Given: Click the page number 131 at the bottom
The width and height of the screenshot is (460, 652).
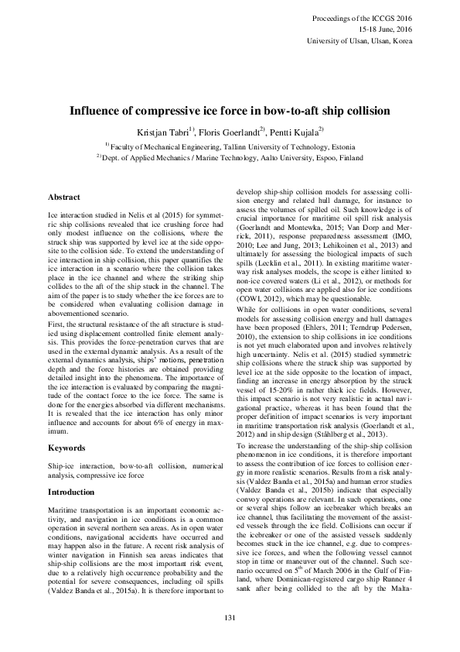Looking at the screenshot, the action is coord(230,616).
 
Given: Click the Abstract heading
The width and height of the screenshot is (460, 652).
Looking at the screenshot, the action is coord(66,197).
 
